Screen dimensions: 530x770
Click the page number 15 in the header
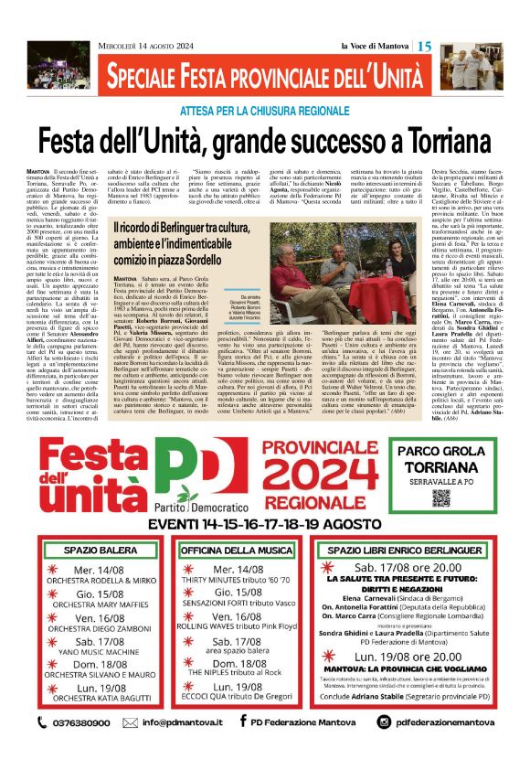pos(425,46)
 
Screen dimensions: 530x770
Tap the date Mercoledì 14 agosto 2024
pos(146,46)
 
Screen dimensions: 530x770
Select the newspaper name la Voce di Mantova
pos(376,46)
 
